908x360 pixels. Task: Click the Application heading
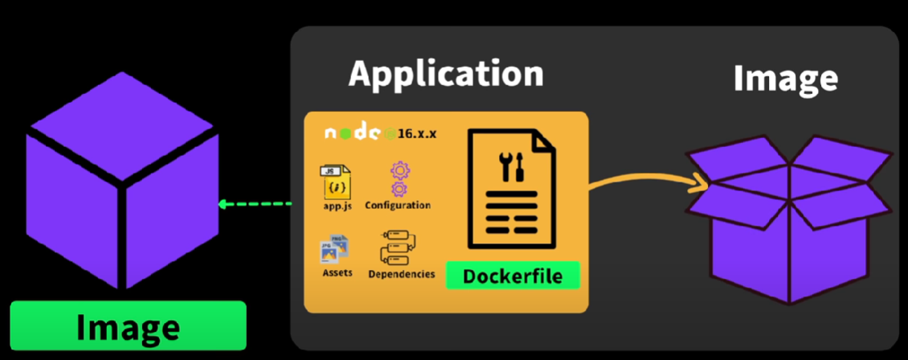pyautogui.click(x=446, y=74)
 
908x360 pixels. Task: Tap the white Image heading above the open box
pyautogui.click(x=785, y=79)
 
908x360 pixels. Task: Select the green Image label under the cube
pyautogui.click(x=128, y=327)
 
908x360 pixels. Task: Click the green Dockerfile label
pyautogui.click(x=512, y=277)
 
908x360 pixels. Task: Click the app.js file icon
pyautogui.click(x=336, y=181)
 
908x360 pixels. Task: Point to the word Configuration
pyautogui.click(x=398, y=205)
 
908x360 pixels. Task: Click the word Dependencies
pyautogui.click(x=402, y=274)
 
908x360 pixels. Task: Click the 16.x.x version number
pyautogui.click(x=415, y=133)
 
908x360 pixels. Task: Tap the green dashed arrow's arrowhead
pyautogui.click(x=224, y=204)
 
